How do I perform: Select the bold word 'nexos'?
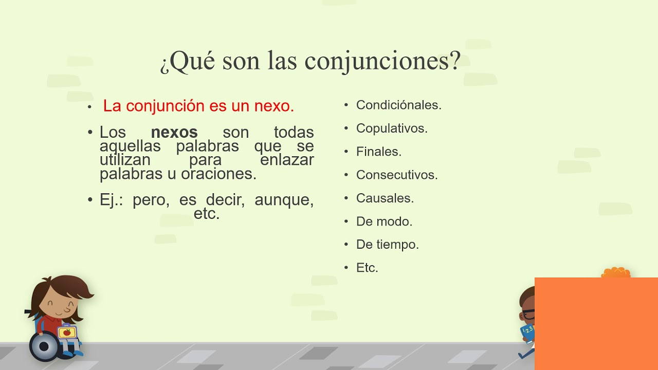click(174, 133)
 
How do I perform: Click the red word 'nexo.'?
click(274, 106)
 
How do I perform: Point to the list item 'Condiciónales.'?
click(398, 105)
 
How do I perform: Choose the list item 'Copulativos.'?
click(392, 128)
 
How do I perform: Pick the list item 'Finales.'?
click(378, 152)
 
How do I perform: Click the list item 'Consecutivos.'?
click(396, 175)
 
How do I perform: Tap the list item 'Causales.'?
click(385, 198)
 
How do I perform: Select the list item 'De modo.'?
click(384, 221)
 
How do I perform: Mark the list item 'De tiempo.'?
click(387, 245)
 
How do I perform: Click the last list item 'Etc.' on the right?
click(367, 268)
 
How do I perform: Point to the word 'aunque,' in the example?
click(284, 200)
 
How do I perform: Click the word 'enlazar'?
click(287, 160)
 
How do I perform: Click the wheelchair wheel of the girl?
click(44, 346)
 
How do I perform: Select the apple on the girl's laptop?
click(65, 333)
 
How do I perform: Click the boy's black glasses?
click(527, 313)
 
